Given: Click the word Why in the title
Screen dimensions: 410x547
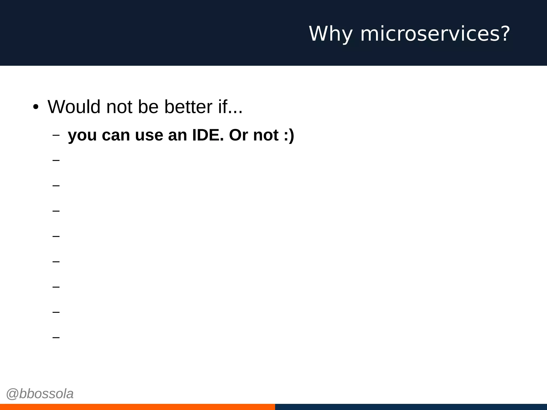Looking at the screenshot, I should (331, 34).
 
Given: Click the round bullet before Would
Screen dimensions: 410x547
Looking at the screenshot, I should (36, 107).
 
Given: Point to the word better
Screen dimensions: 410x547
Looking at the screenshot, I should (188, 107).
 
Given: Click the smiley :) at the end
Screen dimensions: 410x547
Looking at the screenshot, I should (289, 135).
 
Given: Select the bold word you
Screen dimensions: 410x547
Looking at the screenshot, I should (82, 136).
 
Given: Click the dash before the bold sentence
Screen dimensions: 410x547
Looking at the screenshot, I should (56, 135).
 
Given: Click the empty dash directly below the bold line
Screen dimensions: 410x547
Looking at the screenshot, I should (56, 160).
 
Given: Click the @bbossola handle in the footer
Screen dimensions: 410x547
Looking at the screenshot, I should (40, 394).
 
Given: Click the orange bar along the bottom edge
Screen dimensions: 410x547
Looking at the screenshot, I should (137, 407).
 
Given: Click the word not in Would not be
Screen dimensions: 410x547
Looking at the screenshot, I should (119, 107).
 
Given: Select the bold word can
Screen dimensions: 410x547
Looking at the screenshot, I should (116, 136).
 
